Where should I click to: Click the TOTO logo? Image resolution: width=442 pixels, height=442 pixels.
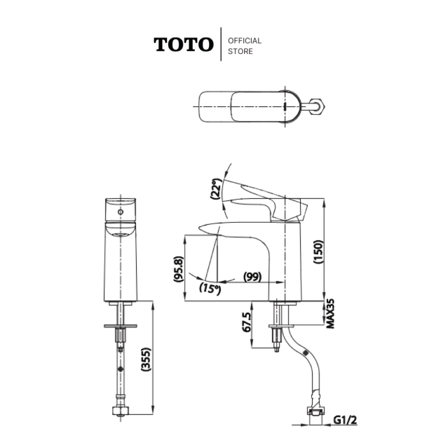coord(183,44)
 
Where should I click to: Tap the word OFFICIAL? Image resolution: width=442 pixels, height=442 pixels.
coord(245,41)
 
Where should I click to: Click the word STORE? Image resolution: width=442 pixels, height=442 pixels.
coord(240,52)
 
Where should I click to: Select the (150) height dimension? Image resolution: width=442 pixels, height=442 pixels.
coord(318,252)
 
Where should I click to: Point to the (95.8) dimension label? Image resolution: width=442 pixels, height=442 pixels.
coord(179,269)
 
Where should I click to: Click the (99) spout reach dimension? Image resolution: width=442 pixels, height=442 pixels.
coord(252,277)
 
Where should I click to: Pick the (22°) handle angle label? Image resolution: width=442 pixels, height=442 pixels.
coord(216,189)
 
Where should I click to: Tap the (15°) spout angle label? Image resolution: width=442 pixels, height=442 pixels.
coord(210,288)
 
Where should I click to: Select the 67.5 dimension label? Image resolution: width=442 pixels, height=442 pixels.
coord(246,322)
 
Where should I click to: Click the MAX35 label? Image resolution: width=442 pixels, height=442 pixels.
coord(330,313)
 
